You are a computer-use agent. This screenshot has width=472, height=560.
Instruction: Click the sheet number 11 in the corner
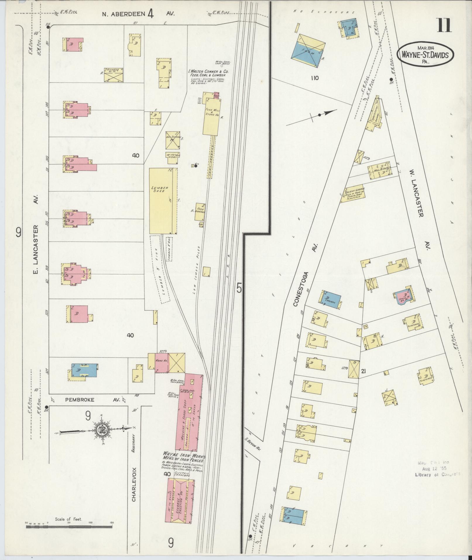pyautogui.click(x=444, y=25)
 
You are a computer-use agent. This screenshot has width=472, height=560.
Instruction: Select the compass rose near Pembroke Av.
pyautogui.click(x=100, y=430)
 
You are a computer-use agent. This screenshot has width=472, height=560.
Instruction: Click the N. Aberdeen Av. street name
pyautogui.click(x=138, y=13)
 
